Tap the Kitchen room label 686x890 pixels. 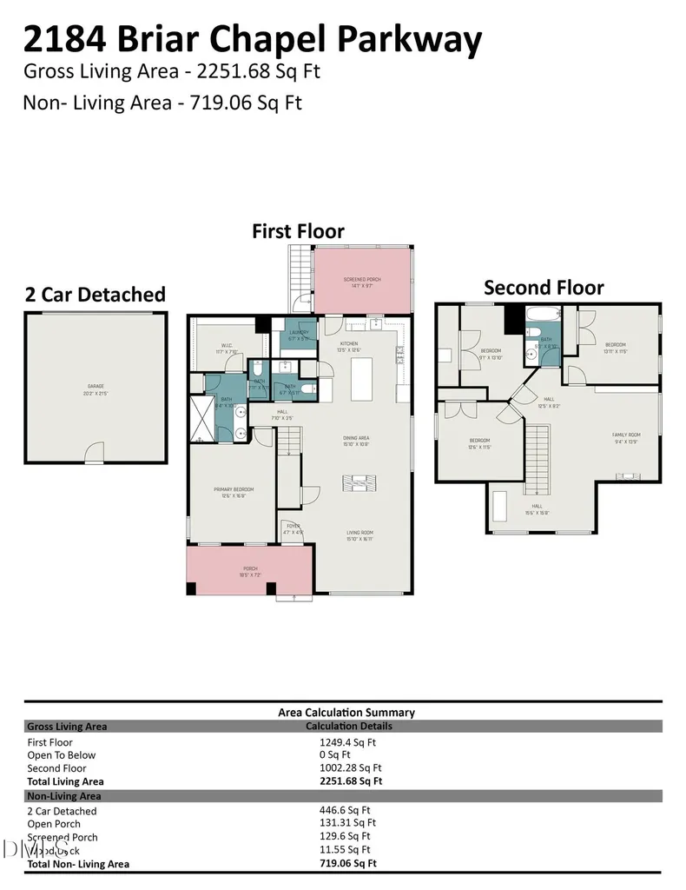[348, 344]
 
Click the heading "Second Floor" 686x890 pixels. [544, 288]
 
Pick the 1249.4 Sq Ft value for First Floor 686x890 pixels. [347, 742]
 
